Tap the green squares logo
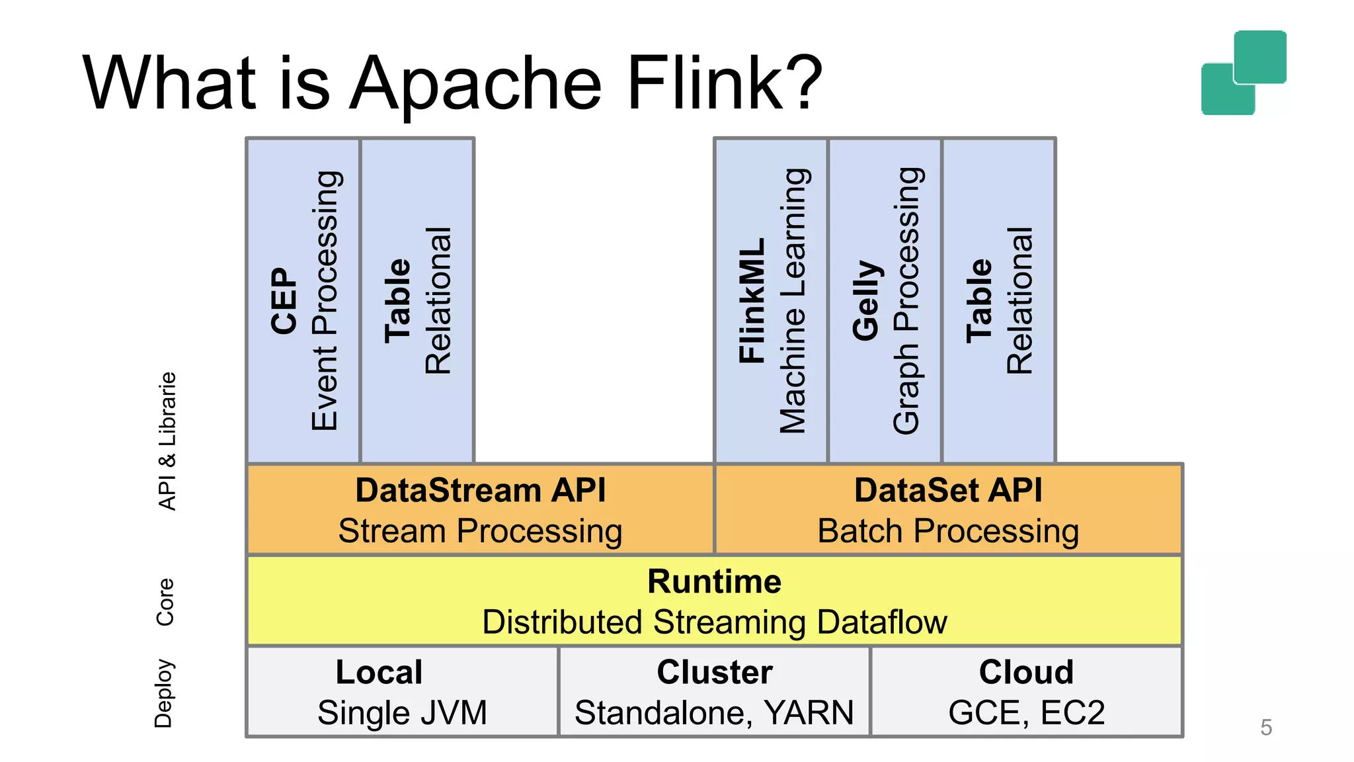[x=1243, y=73]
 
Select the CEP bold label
[x=284, y=301]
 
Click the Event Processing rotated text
[x=325, y=301]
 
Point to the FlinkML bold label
[x=752, y=301]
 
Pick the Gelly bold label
[x=866, y=301]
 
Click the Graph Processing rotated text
[x=907, y=301]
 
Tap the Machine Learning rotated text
[x=793, y=301]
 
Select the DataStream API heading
[x=480, y=490]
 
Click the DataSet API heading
[x=948, y=490]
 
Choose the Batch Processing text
[x=948, y=531]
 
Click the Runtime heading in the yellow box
[x=714, y=581]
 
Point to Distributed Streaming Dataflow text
[x=714, y=622]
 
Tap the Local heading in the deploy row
[x=379, y=672]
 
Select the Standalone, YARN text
[x=714, y=713]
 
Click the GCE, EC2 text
[x=1026, y=713]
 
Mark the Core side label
[x=165, y=602]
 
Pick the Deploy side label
[x=164, y=693]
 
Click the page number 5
[x=1266, y=728]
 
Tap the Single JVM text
[x=402, y=713]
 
